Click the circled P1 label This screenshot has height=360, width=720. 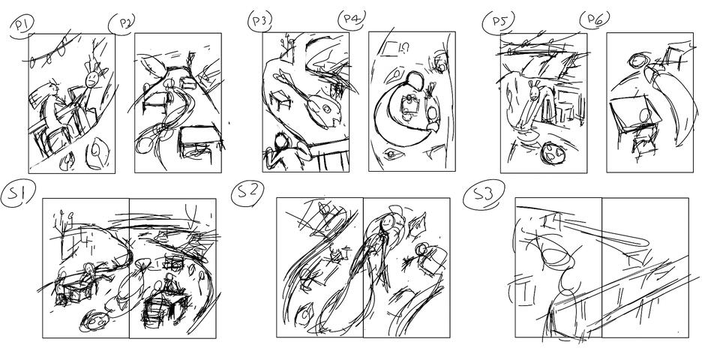22,25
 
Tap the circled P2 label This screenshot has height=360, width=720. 122,23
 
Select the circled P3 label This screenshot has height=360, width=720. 260,21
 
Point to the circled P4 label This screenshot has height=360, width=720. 351,19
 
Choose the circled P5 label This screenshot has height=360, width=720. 498,21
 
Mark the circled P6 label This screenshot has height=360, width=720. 595,19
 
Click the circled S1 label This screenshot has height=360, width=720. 18,193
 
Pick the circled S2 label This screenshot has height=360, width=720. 247,193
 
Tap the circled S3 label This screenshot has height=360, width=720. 484,194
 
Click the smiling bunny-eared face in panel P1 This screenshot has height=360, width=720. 92,79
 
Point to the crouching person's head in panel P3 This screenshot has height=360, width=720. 281,142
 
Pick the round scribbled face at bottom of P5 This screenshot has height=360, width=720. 553,152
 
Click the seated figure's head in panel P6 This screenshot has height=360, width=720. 645,115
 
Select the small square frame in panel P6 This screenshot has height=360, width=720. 674,55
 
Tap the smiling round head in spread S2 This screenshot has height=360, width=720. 388,223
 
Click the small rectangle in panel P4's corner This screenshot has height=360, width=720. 389,49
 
